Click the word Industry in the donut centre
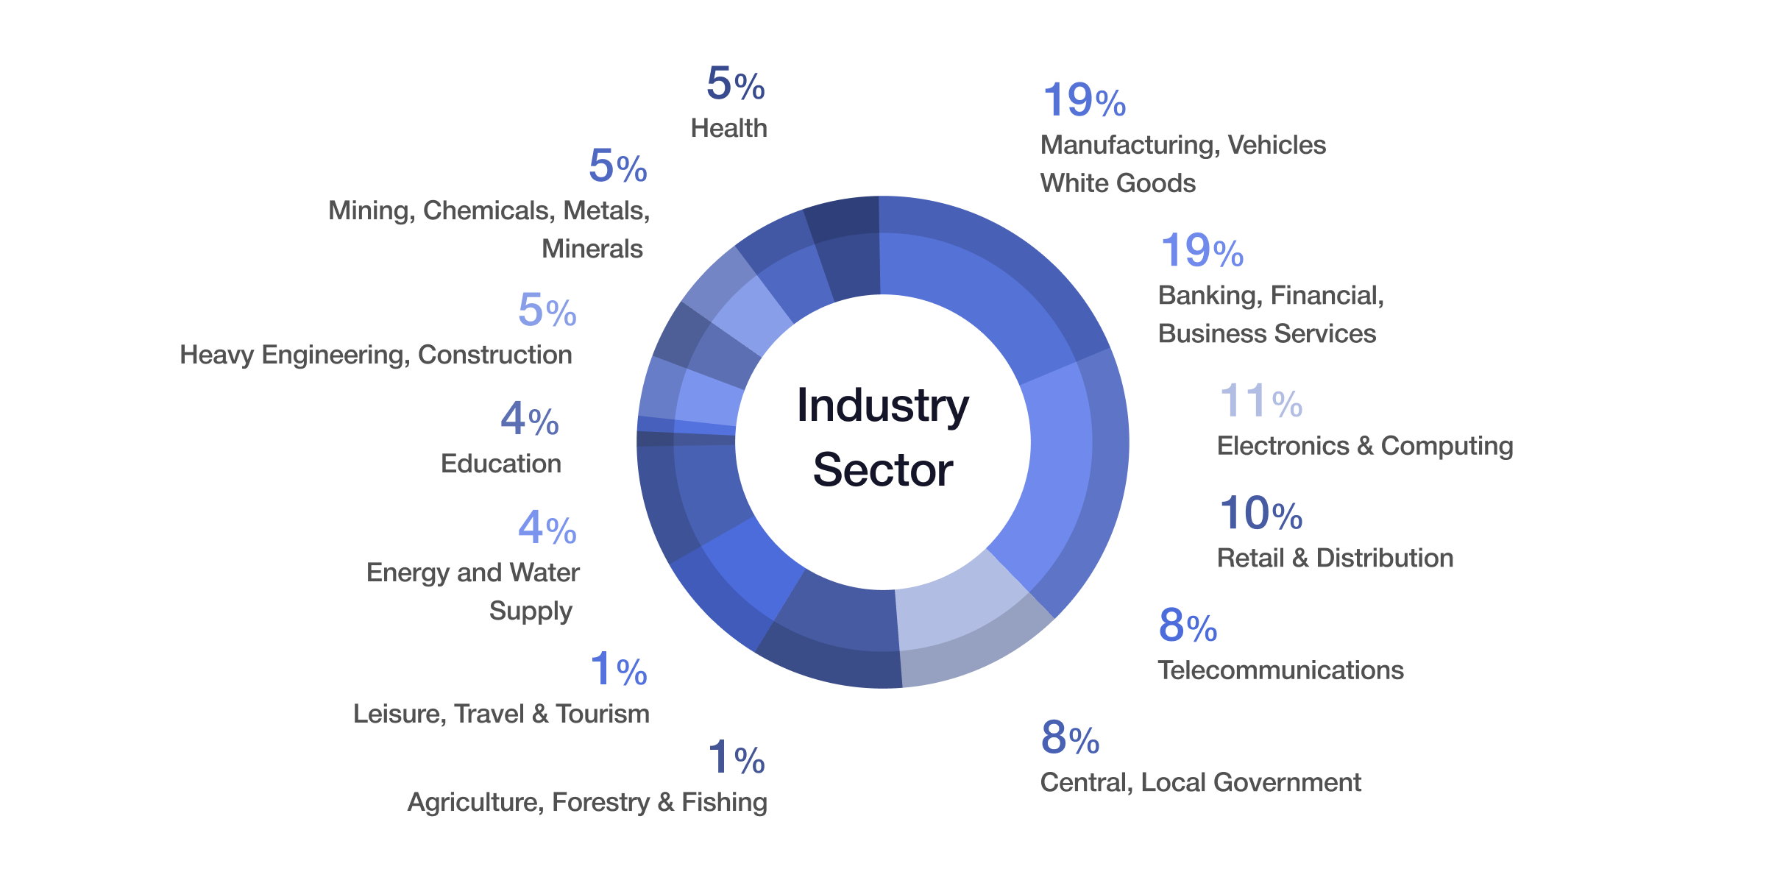pyautogui.click(x=882, y=405)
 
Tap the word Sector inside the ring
pyautogui.click(x=882, y=469)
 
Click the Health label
pyautogui.click(x=728, y=128)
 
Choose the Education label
pyautogui.click(x=500, y=464)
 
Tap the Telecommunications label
pyautogui.click(x=1280, y=670)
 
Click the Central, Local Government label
pyautogui.click(x=1200, y=782)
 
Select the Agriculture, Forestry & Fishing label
pyautogui.click(x=586, y=802)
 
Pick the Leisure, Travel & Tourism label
pyautogui.click(x=500, y=714)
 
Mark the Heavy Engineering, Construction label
pyautogui.click(x=375, y=355)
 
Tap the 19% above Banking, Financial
pyautogui.click(x=1202, y=251)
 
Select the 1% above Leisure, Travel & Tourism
pyautogui.click(x=618, y=670)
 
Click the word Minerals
pyautogui.click(x=592, y=249)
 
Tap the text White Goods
pyautogui.click(x=1117, y=183)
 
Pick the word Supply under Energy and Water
pyautogui.click(x=531, y=611)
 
